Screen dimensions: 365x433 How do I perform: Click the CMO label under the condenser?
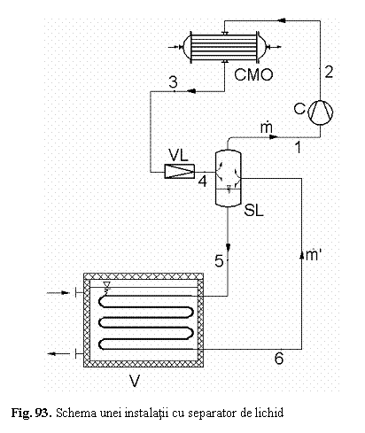click(x=253, y=74)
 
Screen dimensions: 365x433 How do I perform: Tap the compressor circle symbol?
click(x=321, y=112)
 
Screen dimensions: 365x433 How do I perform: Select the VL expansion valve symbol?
click(x=180, y=171)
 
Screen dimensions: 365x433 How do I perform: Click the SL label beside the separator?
click(x=253, y=211)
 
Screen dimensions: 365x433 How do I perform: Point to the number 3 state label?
click(x=174, y=81)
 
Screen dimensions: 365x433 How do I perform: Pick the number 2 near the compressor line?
click(x=329, y=72)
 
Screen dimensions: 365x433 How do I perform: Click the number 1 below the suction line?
click(x=299, y=147)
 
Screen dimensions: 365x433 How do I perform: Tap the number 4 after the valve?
click(x=203, y=181)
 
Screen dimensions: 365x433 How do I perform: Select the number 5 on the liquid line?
click(x=219, y=261)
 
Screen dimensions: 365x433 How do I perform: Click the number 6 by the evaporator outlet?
click(x=279, y=359)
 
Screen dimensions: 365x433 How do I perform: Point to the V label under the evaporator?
click(x=135, y=381)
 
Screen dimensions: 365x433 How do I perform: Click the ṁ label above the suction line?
click(x=267, y=127)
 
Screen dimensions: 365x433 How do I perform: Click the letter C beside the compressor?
click(x=299, y=109)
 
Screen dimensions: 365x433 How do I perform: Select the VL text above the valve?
click(x=178, y=155)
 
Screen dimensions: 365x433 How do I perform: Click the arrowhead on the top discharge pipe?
click(x=282, y=20)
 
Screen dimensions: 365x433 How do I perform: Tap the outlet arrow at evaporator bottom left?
click(x=58, y=353)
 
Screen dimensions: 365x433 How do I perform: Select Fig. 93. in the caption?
click(x=32, y=413)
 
